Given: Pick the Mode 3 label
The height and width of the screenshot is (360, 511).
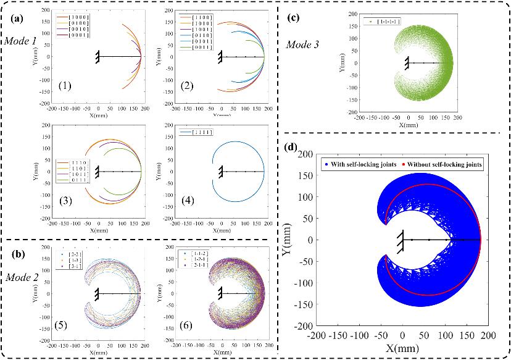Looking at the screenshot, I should pos(303,45).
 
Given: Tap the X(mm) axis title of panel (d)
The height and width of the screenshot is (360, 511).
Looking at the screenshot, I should pos(401,349).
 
